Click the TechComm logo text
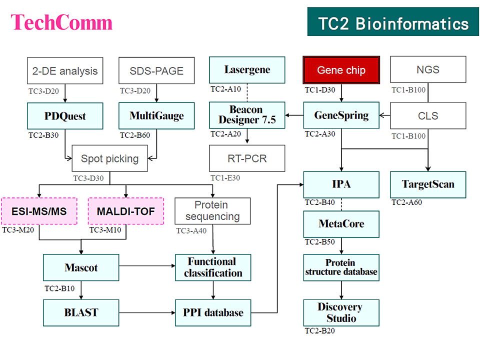coord(61,23)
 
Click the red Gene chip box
coord(341,70)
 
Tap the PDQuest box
coord(65,116)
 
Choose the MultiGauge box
coord(156,116)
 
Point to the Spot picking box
coord(110,159)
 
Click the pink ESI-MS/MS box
coord(39,211)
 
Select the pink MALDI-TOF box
coord(126,211)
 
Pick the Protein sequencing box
coord(212,211)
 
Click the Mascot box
coord(81,267)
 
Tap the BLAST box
coord(81,312)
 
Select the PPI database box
coord(212,312)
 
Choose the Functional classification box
coord(212,267)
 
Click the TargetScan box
coord(428,184)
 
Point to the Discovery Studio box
coord(341,312)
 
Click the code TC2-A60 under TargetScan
coord(407,202)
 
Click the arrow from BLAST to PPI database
coord(147,312)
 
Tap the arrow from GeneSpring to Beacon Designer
coord(294,115)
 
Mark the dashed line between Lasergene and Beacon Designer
coord(247,92)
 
